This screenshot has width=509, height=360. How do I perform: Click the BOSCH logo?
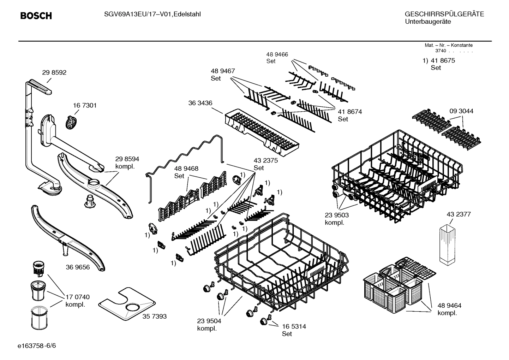(36, 16)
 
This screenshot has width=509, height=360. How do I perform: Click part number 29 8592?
(54, 72)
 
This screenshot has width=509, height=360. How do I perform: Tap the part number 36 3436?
(200, 103)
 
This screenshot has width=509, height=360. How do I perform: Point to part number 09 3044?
(461, 111)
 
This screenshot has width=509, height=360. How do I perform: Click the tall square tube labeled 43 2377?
(447, 244)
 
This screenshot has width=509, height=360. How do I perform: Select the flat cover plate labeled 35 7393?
(126, 303)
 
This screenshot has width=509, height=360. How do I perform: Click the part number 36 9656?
(78, 267)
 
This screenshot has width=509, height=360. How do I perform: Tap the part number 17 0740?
(78, 297)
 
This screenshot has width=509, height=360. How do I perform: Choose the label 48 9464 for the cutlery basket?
(449, 306)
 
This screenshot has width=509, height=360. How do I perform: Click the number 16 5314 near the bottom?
(294, 326)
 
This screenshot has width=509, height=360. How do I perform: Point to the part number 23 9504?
(209, 321)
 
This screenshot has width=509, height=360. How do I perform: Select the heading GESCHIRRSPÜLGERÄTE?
(444, 14)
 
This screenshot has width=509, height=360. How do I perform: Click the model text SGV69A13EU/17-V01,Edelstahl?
(152, 14)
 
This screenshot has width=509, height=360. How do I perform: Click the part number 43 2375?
(265, 160)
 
